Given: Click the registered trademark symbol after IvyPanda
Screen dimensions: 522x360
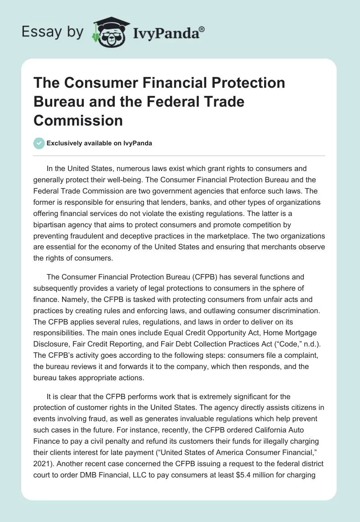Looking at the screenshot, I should tap(202, 29).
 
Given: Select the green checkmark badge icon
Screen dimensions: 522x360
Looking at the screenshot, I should tap(39, 143).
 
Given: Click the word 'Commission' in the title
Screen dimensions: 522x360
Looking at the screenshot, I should tap(78, 120).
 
